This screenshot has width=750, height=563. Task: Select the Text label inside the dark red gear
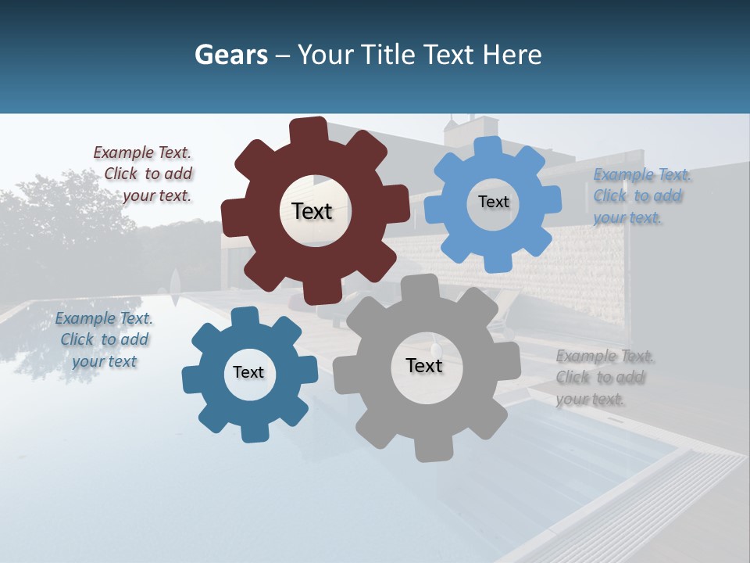point(312,211)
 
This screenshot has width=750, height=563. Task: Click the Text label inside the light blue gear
point(493,202)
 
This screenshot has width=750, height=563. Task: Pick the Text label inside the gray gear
point(424,365)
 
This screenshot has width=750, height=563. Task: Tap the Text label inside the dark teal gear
point(248,372)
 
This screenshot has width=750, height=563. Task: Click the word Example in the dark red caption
point(122,152)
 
